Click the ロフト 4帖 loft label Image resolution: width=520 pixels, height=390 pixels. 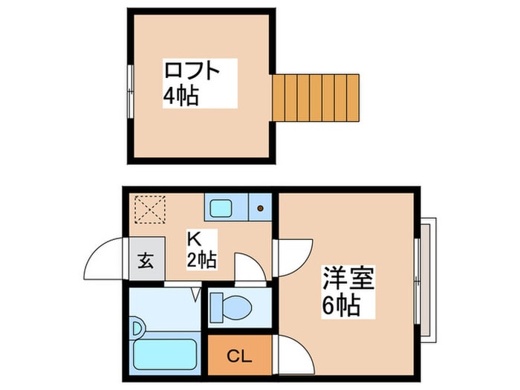192,83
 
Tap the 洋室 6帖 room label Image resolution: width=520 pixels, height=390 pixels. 348,291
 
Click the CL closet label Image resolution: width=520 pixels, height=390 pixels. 239,357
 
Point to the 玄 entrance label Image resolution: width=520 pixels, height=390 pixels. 146,260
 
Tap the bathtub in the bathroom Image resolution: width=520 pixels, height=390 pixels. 165,354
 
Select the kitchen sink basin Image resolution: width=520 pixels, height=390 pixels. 221,209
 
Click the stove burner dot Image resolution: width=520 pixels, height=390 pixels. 260,208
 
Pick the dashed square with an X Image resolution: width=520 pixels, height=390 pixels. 150,209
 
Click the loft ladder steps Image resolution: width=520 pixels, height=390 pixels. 316,98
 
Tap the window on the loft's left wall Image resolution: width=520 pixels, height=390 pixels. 131,91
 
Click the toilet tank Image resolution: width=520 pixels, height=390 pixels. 217,307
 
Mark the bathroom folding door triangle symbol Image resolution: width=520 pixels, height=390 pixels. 196,294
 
